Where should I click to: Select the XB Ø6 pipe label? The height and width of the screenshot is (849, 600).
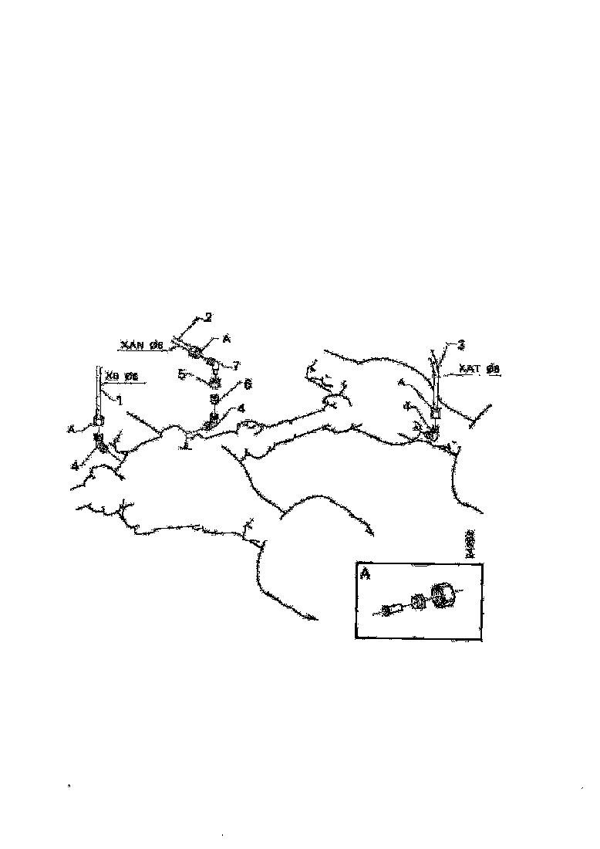pyautogui.click(x=121, y=377)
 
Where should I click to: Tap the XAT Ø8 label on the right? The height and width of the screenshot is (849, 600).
pyautogui.click(x=480, y=370)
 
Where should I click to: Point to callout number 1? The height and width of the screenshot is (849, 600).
pyautogui.click(x=120, y=400)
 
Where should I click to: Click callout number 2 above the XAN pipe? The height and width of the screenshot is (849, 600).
pyautogui.click(x=207, y=317)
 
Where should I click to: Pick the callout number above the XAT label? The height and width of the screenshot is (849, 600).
pyautogui.click(x=460, y=344)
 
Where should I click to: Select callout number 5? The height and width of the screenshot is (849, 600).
pyautogui.click(x=182, y=374)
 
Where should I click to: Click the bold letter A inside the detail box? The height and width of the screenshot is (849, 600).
pyautogui.click(x=365, y=574)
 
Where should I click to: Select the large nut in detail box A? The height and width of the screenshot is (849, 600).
pyautogui.click(x=442, y=595)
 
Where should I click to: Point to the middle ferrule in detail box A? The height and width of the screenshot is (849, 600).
pyautogui.click(x=416, y=602)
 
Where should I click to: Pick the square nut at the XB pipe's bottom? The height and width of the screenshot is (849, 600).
pyautogui.click(x=99, y=420)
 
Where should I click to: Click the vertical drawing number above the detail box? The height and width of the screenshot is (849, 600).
pyautogui.click(x=469, y=544)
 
